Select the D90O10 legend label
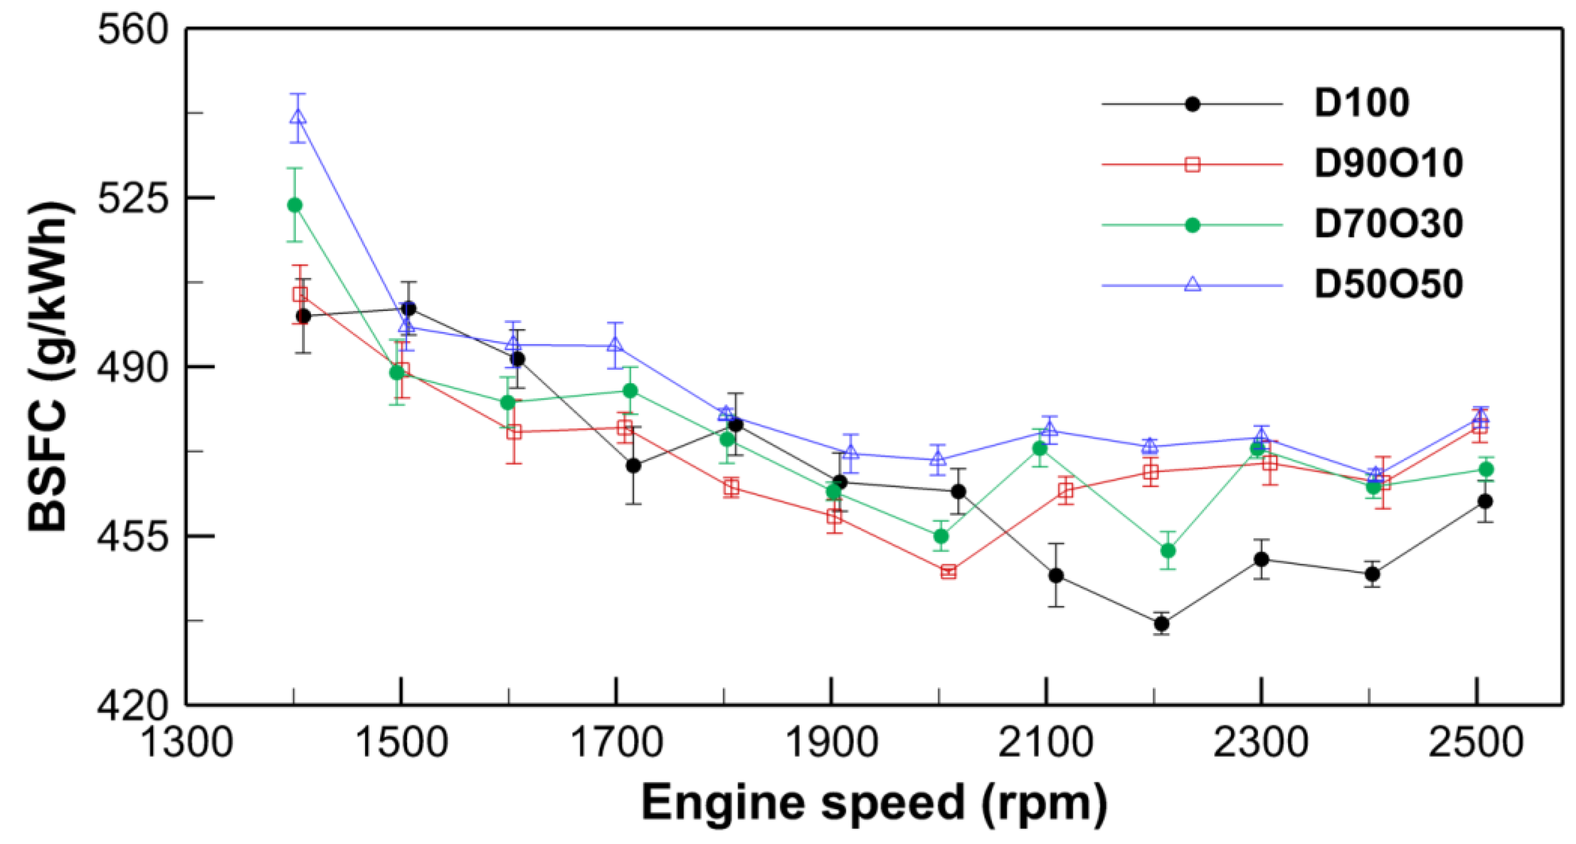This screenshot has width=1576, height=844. coord(1388,163)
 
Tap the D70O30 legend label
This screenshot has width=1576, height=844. coord(1388,224)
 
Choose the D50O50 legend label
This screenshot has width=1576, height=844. coord(1388,285)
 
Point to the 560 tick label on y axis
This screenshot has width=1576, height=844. coord(133,30)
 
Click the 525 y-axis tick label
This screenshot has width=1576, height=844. coord(133,198)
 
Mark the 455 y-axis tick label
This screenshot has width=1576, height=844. coord(133,536)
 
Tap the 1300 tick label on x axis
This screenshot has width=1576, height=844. coord(187,742)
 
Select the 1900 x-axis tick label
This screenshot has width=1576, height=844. coord(831,742)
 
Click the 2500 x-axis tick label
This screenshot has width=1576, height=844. coord(1476,742)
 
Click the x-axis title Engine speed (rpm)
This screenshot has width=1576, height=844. coord(874,803)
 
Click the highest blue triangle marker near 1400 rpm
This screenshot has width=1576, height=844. coord(298,116)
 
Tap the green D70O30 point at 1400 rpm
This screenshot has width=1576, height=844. coord(295,204)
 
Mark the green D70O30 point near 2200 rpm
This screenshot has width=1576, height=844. coord(1168,550)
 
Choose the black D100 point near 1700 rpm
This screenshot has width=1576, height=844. coord(633,465)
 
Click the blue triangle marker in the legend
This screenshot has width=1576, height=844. coord(1192,284)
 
